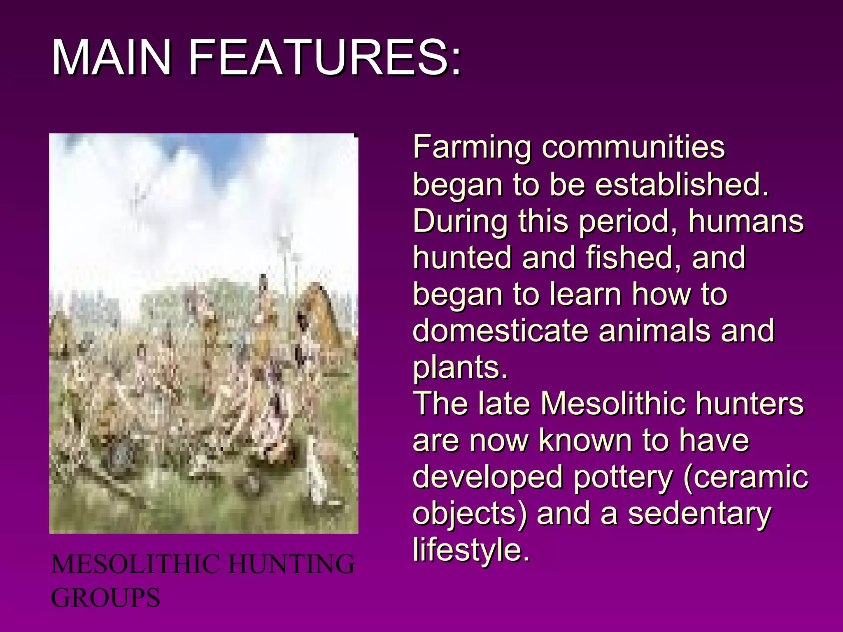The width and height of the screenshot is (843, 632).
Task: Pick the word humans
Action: (745, 221)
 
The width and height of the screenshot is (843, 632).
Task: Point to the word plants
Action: (459, 367)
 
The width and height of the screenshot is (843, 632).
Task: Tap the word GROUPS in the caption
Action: (105, 597)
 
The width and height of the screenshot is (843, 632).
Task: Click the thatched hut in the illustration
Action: (321, 313)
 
